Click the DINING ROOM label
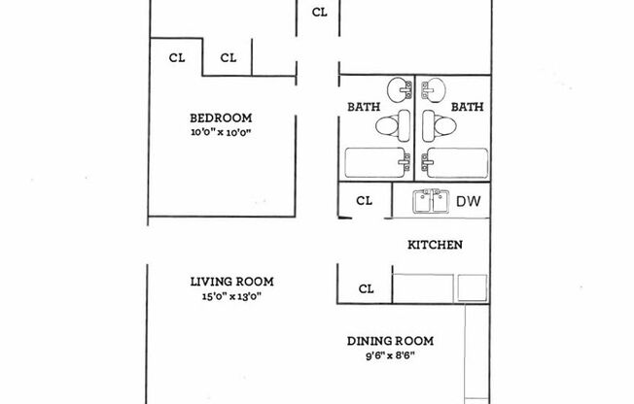(x=390, y=341)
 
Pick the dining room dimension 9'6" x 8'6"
(x=390, y=355)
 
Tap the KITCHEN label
(x=433, y=246)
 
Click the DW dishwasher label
(x=468, y=202)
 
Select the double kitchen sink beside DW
(x=431, y=202)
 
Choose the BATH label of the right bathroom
(x=468, y=107)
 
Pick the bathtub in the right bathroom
(x=452, y=162)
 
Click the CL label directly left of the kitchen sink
(x=365, y=202)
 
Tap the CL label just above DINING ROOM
(x=367, y=288)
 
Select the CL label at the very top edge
(x=319, y=13)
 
